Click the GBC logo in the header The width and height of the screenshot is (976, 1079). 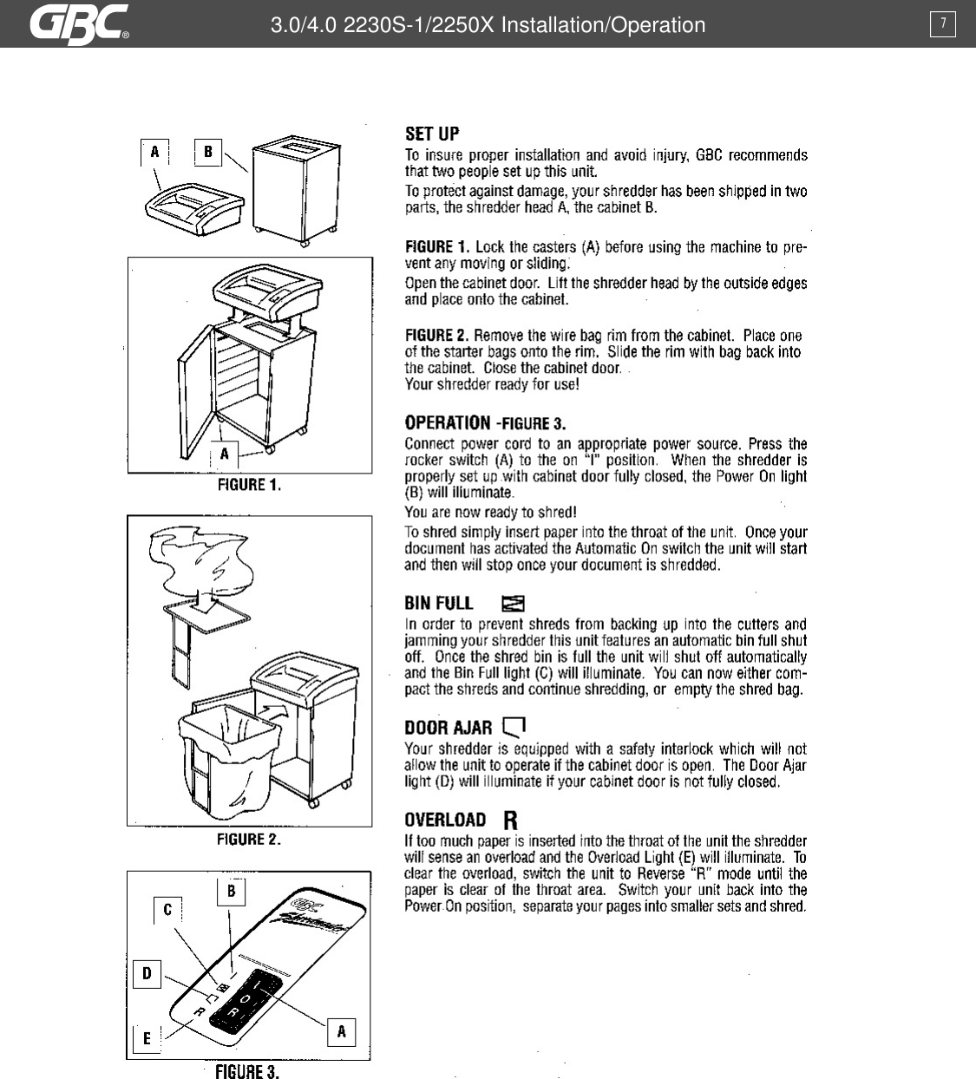click(x=80, y=23)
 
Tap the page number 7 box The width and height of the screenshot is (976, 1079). click(x=943, y=24)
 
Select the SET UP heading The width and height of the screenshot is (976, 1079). click(x=432, y=134)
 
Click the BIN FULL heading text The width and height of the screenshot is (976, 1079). click(x=439, y=603)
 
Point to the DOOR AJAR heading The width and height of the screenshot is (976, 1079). click(x=448, y=728)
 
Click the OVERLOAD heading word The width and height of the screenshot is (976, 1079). click(x=445, y=820)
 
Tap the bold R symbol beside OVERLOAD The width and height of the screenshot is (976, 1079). click(x=510, y=820)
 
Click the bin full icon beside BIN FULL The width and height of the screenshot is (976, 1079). click(x=514, y=603)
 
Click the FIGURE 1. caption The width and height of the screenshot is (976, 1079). click(x=249, y=485)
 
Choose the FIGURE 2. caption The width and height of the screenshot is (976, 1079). click(x=249, y=839)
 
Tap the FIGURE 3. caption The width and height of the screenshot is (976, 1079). click(x=247, y=1072)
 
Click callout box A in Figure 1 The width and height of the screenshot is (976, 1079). click(x=225, y=454)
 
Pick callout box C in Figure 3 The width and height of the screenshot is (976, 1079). click(x=167, y=910)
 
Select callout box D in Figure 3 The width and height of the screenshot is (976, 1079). click(x=147, y=974)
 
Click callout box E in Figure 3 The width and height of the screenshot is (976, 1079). click(x=147, y=1038)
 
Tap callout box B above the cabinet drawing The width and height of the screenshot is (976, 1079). click(x=207, y=153)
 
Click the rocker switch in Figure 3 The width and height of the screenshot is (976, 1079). click(x=246, y=1002)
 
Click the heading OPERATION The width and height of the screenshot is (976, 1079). click(x=448, y=422)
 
